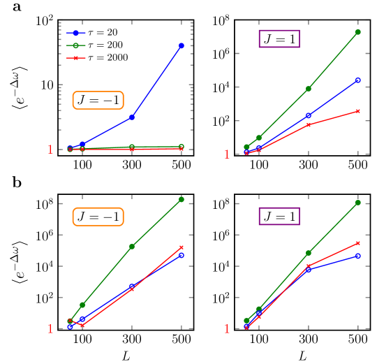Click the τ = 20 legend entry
(x=97, y=33)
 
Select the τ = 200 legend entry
(x=97, y=45)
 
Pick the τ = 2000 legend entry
(x=97, y=58)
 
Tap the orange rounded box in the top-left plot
(x=98, y=101)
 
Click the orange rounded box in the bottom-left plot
(x=98, y=217)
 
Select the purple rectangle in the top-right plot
(x=279, y=38)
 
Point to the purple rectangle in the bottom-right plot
(x=279, y=217)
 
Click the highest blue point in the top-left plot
(x=182, y=45)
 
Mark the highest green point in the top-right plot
(x=357, y=31)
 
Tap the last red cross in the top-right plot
(x=357, y=111)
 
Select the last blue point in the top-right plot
(x=357, y=80)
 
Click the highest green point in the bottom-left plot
(x=182, y=200)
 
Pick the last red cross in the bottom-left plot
(x=182, y=247)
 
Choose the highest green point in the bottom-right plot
(x=357, y=203)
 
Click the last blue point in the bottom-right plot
(x=357, y=256)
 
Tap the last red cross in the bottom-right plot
(x=357, y=243)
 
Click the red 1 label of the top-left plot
(x=50, y=150)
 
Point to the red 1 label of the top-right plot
(x=227, y=154)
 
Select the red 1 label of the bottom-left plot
(x=50, y=329)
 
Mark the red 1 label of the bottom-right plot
(x=227, y=329)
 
